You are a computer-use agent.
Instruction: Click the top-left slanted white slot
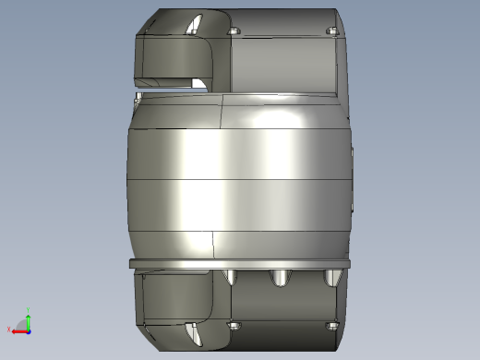pos(194,24)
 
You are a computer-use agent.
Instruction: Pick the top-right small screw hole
pos(332,32)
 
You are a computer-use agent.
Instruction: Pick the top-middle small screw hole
pos(233,32)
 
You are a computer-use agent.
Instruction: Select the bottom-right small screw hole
pos(332,325)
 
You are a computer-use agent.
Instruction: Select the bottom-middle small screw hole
pos(234,325)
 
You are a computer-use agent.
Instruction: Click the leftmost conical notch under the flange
pos(231,276)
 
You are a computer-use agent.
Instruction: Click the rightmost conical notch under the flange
pos(331,277)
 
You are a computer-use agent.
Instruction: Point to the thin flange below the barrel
pos(240,265)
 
